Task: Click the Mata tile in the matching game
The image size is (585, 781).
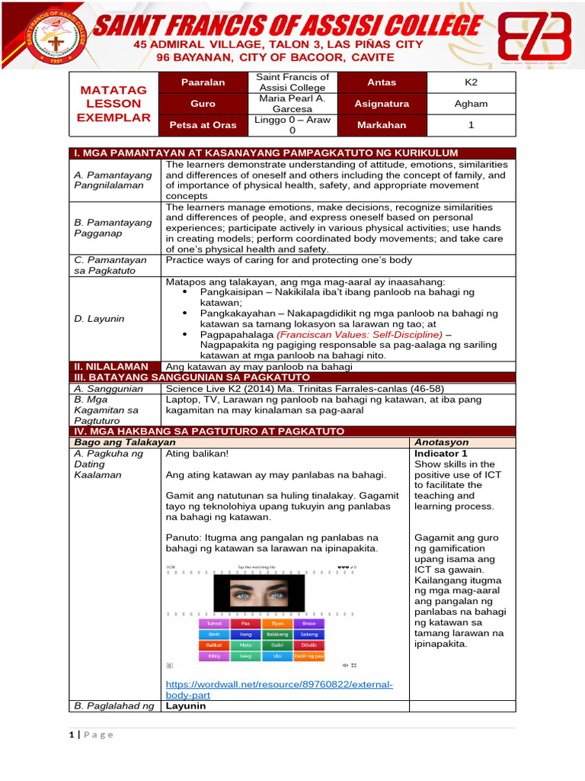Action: coord(246,644)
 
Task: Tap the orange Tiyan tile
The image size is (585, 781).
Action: coord(277,623)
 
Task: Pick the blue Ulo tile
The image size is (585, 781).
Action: coord(277,656)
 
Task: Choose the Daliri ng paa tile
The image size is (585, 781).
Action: coord(309,656)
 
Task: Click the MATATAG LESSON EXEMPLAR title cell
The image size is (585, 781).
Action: coord(113,104)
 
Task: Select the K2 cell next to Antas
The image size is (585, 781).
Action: coord(471,82)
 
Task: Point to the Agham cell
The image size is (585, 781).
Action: coord(471,104)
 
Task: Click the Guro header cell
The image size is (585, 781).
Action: coord(203,104)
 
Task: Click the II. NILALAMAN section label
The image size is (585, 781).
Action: coord(110,367)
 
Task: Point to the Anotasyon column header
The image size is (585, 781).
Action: coord(442,442)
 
